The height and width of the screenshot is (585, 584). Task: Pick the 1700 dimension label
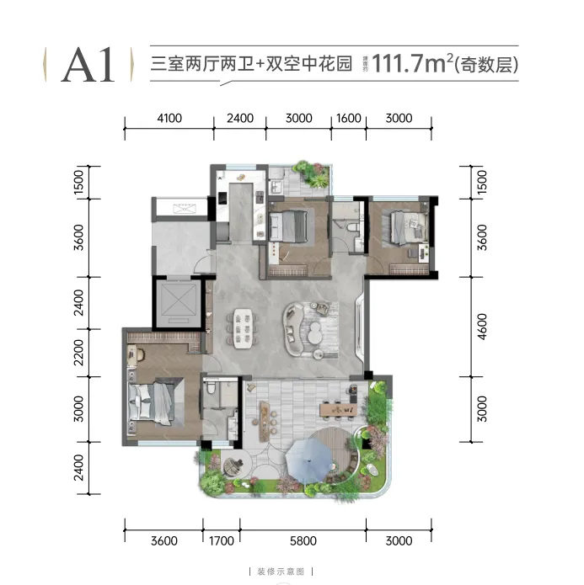pos(221,540)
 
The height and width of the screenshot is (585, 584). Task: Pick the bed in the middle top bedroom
pos(292,226)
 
